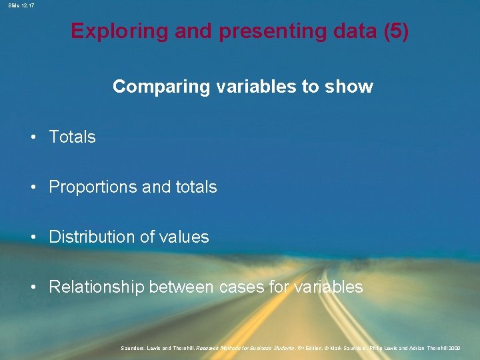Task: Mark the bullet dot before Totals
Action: click(33, 137)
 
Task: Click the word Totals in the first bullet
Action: click(72, 137)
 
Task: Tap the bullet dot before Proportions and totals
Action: click(33, 187)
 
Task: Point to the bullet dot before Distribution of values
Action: click(33, 237)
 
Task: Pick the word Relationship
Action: click(97, 287)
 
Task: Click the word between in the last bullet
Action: click(181, 287)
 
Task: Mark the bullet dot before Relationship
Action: click(33, 288)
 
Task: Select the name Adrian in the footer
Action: click(416, 347)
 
